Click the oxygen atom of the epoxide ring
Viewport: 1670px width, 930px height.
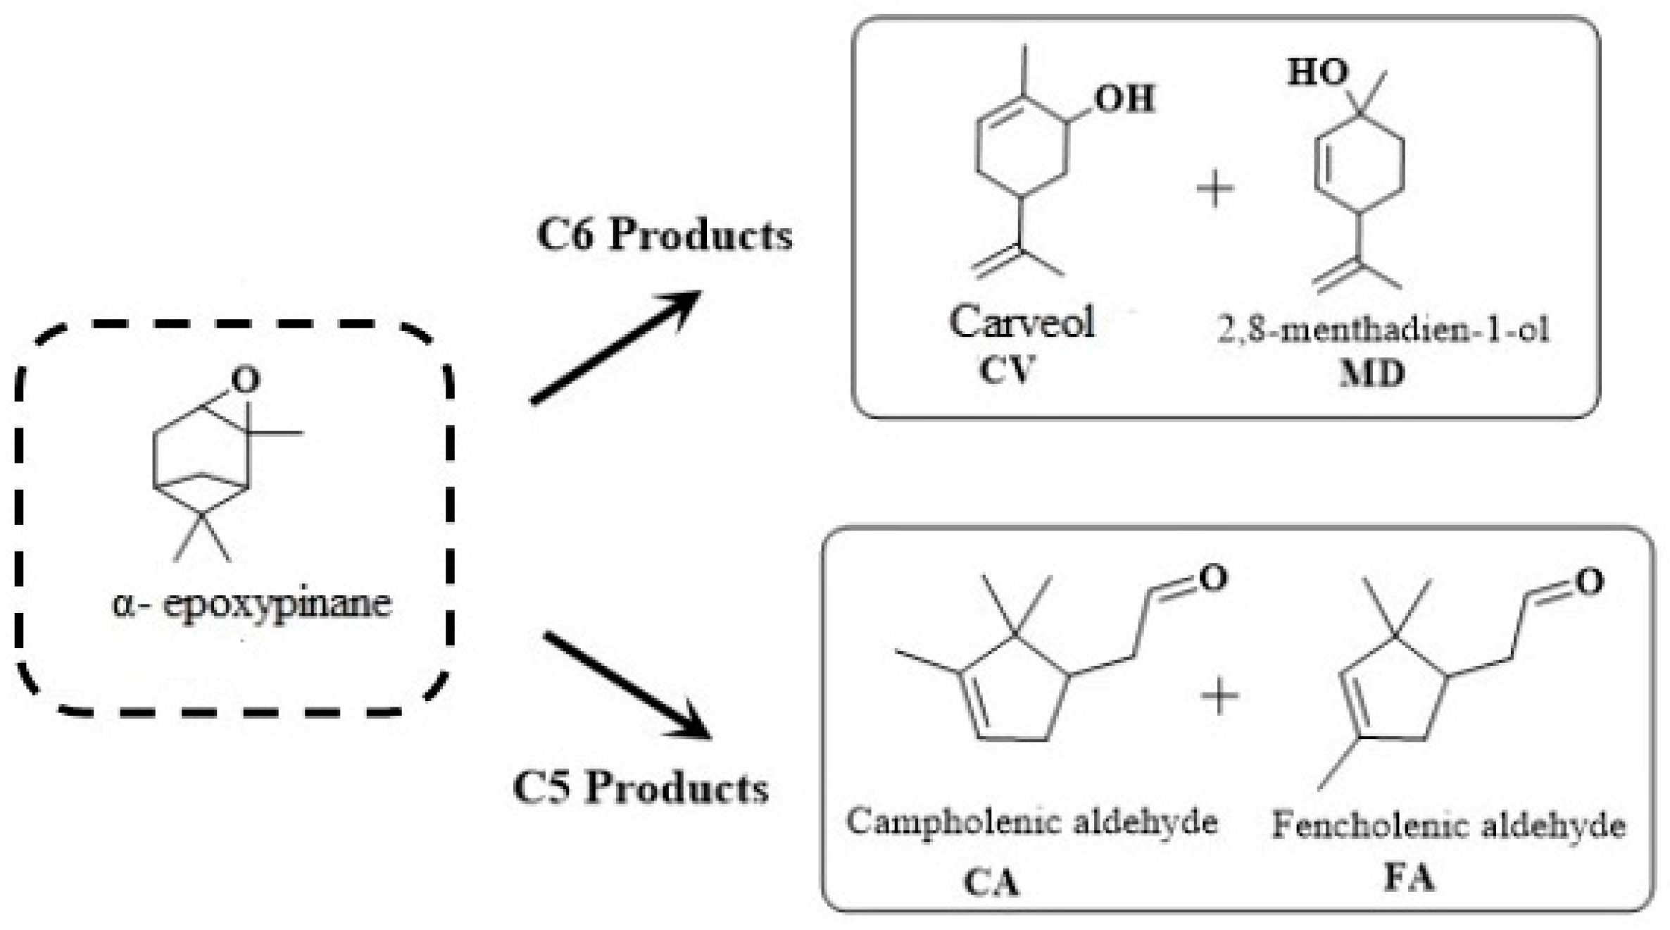point(245,380)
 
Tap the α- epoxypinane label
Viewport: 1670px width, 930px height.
point(251,604)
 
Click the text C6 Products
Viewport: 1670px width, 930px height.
point(664,234)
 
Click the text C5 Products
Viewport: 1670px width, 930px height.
point(641,787)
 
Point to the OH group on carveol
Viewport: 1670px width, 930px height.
point(1124,99)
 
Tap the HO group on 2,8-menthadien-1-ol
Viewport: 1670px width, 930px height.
point(1318,72)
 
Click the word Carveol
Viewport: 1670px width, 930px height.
point(1022,322)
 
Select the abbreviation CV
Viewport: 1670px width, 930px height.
point(1007,369)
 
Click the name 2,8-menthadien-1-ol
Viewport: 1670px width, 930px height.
point(1383,329)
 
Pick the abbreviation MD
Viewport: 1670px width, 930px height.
point(1371,373)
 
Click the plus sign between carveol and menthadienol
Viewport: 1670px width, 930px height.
point(1216,189)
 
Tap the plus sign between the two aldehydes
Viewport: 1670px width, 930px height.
point(1219,697)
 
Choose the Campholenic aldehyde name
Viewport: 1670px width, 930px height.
point(1031,821)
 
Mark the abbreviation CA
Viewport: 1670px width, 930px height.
point(991,883)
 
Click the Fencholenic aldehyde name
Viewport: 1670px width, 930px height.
point(1448,825)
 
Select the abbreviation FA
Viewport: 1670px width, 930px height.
point(1409,878)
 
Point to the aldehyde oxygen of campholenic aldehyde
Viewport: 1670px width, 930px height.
point(1213,578)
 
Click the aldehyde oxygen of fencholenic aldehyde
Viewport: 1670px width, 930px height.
point(1590,582)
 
